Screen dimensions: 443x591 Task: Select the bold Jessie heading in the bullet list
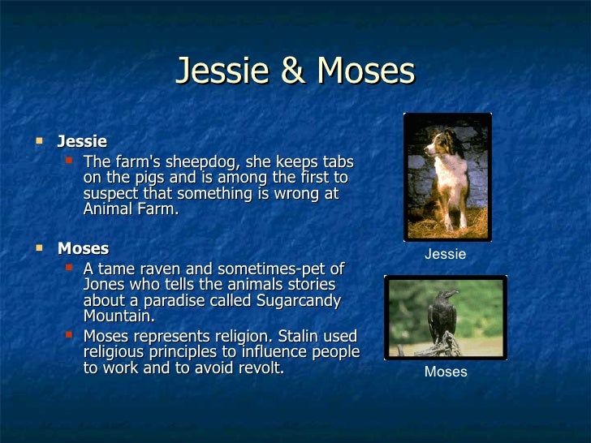tap(82, 142)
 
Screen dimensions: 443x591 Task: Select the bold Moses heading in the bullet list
tap(83, 247)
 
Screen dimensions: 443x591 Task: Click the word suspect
tap(110, 194)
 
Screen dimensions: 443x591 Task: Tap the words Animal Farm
tap(128, 210)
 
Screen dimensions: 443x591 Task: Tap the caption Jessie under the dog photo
tap(446, 254)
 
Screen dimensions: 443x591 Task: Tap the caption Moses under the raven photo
tap(446, 372)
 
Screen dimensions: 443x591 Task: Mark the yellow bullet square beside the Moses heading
tap(37, 247)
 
